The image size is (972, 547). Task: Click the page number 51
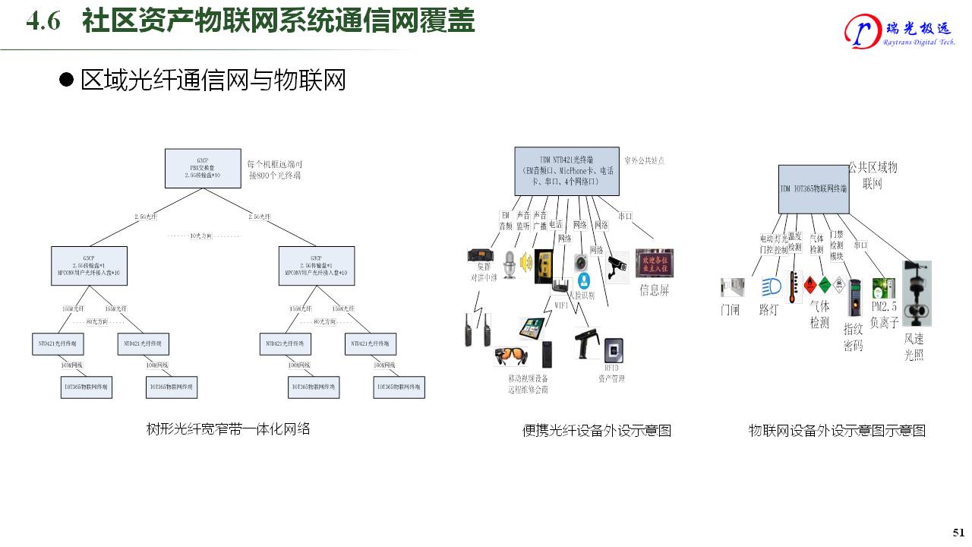(958, 532)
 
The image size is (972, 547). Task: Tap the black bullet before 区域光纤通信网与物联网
(67, 80)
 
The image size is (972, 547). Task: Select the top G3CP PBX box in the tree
(203, 168)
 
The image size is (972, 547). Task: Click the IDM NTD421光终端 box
(566, 170)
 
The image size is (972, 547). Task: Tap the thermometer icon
(794, 287)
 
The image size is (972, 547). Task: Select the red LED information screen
(655, 263)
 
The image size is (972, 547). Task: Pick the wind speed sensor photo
(916, 293)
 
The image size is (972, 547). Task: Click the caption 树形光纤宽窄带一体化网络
(229, 429)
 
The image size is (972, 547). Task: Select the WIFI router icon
(561, 286)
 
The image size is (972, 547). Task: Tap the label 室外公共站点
(644, 161)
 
